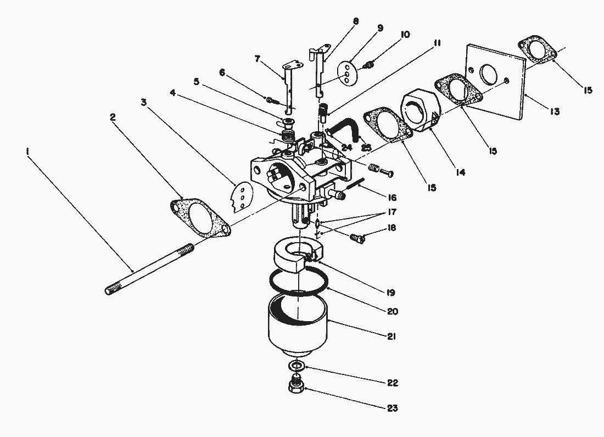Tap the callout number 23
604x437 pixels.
[x=392, y=408]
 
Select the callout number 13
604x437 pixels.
[x=555, y=111]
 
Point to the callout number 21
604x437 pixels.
[x=392, y=337]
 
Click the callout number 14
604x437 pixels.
[x=460, y=172]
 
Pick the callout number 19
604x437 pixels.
[x=390, y=293]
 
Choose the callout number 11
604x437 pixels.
[x=437, y=43]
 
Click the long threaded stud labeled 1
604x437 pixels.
[x=149, y=269]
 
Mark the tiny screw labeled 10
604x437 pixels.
[x=370, y=65]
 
